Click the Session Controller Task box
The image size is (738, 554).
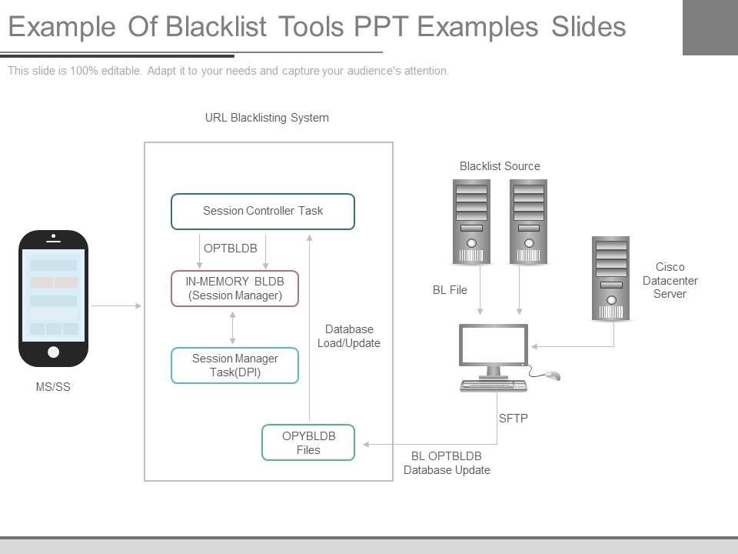[262, 212]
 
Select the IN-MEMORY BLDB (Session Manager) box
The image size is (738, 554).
[234, 289]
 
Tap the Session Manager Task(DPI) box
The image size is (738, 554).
[234, 365]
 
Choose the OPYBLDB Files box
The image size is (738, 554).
[308, 442]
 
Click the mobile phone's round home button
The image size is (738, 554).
[53, 352]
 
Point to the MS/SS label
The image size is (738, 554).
[53, 387]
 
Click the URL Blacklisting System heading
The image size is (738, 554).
[267, 118]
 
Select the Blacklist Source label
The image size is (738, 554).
[500, 166]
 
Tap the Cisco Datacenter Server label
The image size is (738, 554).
[670, 280]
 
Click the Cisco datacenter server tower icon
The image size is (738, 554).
[611, 279]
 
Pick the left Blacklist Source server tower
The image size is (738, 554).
[471, 222]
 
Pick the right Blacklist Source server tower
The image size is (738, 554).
[529, 222]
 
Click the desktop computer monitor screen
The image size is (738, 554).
[494, 345]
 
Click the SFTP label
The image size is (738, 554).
[514, 419]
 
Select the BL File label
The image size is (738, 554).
[450, 290]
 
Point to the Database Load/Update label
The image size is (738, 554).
[349, 336]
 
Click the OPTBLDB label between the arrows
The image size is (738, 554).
[231, 249]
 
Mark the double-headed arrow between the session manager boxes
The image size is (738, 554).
[233, 327]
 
